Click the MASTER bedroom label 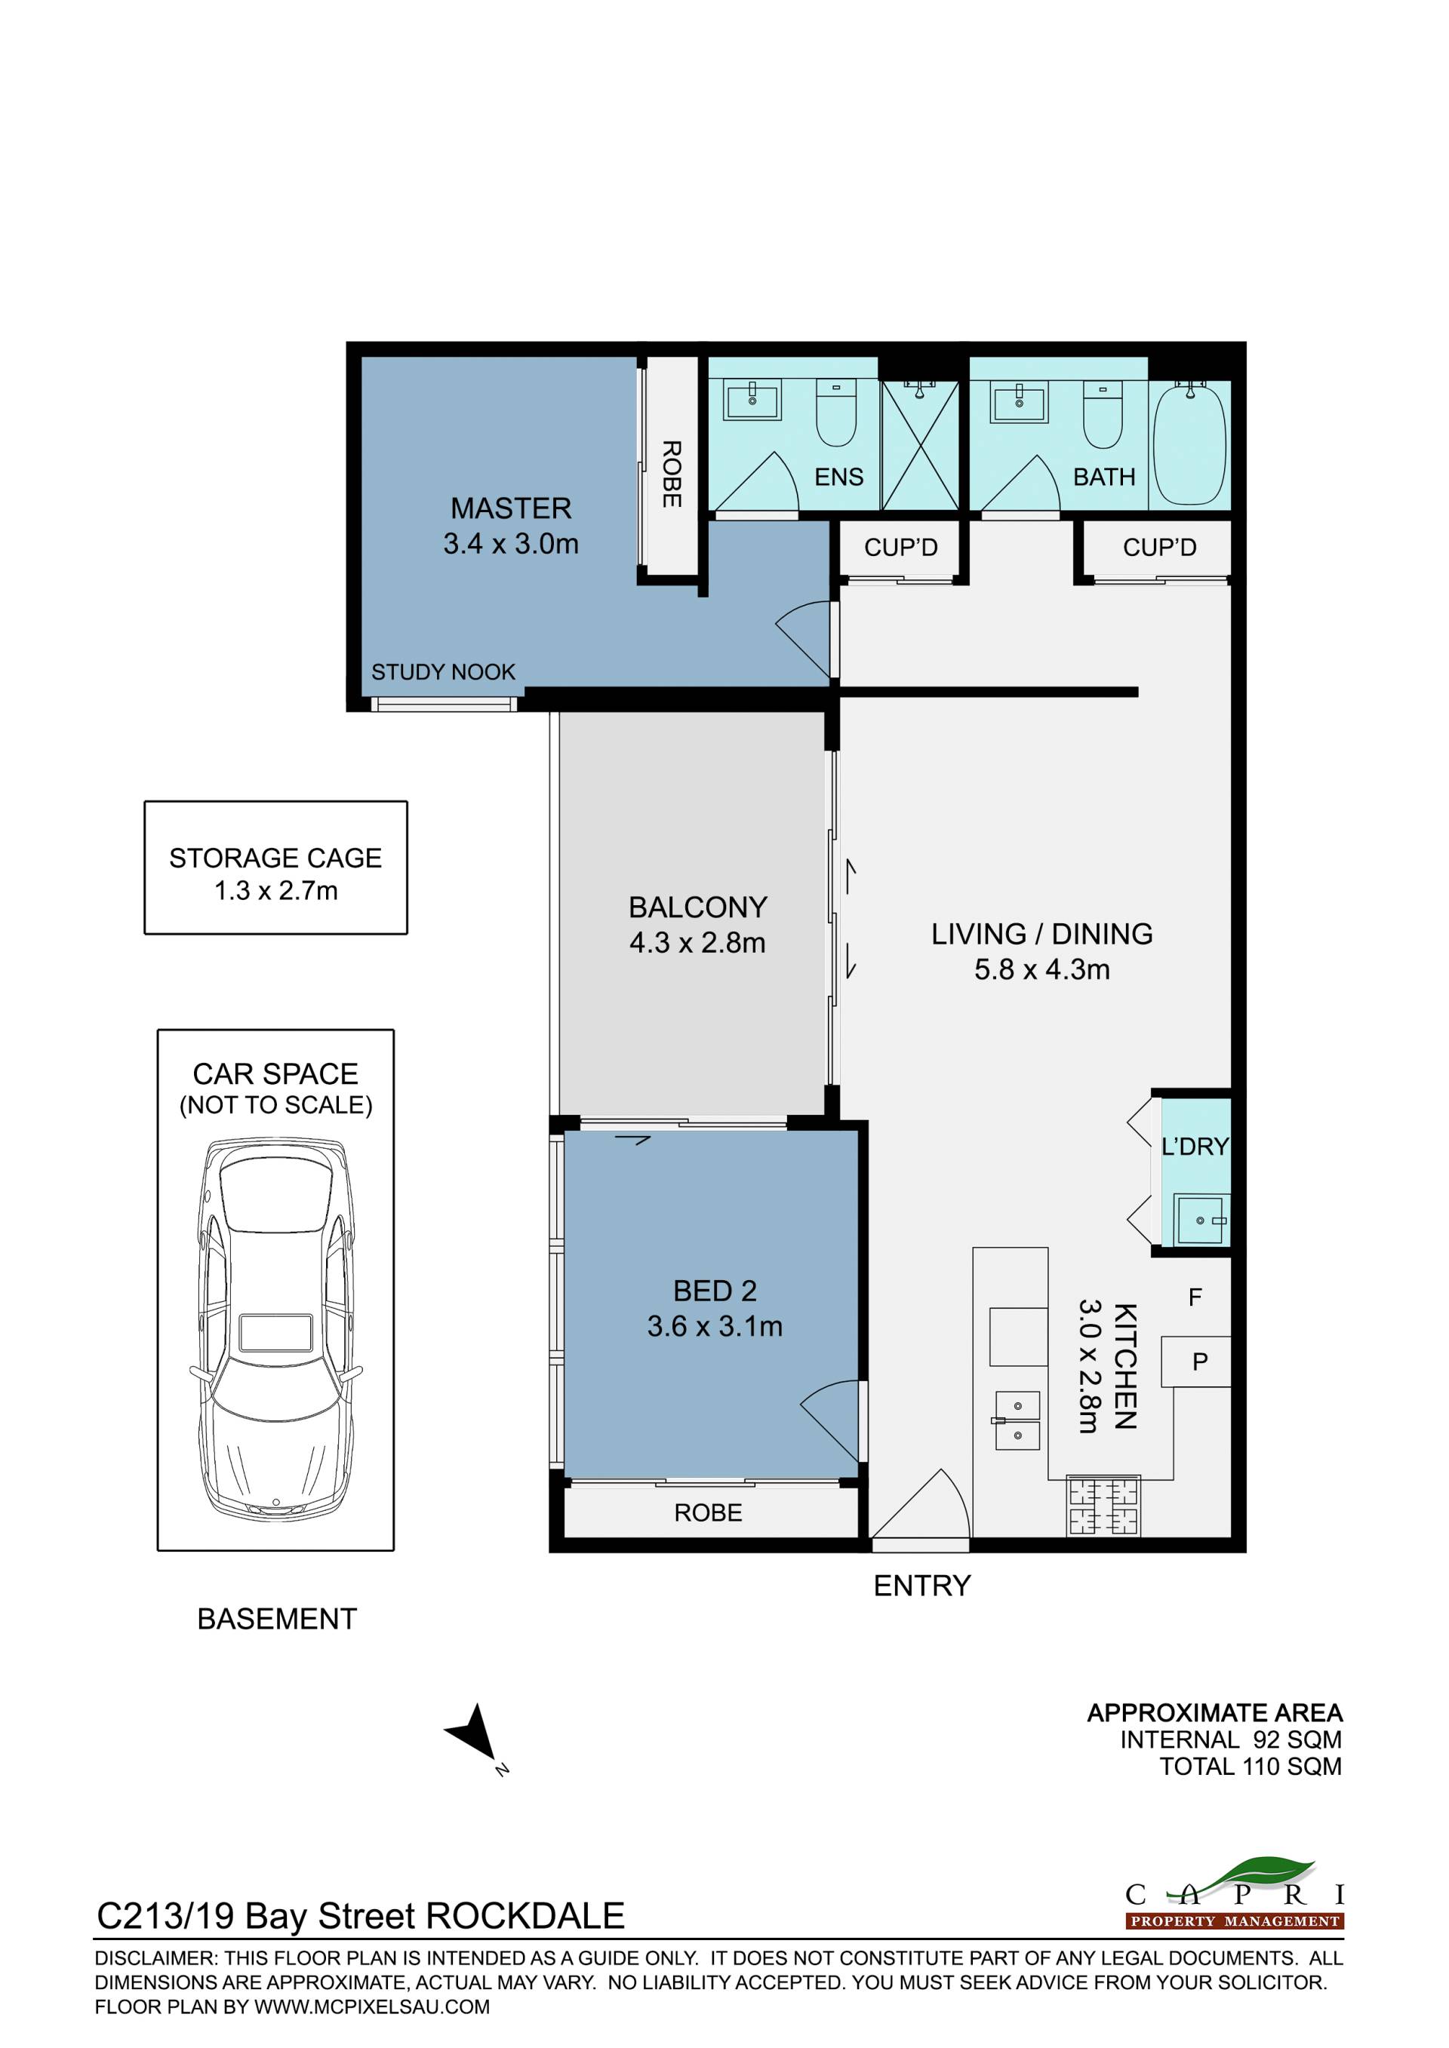[x=510, y=508]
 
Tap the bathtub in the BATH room [x=1189, y=444]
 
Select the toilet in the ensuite [x=836, y=412]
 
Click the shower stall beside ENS [x=919, y=445]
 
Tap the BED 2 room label [x=715, y=1291]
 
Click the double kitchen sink [x=1017, y=1421]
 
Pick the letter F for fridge [x=1195, y=1298]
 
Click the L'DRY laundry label [x=1195, y=1147]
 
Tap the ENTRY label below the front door [x=921, y=1585]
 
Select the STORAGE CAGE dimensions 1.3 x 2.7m [x=275, y=890]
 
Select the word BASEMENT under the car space [x=277, y=1619]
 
